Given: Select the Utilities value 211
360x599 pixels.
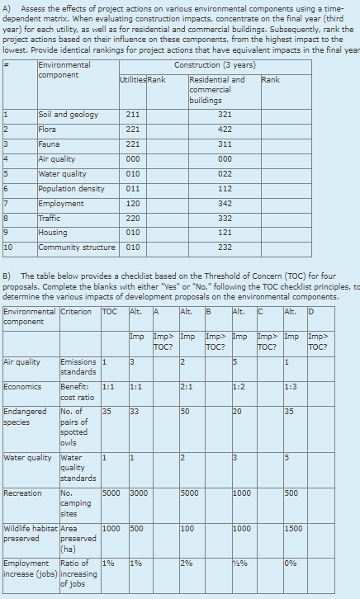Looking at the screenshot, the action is click(132, 115).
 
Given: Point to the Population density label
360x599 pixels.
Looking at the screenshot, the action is click(72, 189).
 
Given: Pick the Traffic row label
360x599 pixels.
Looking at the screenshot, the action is click(50, 219).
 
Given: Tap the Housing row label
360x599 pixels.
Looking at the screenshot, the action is click(53, 233).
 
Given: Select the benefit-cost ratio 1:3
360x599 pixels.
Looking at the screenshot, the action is click(290, 388).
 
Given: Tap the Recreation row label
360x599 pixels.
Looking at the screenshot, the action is click(22, 493).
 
